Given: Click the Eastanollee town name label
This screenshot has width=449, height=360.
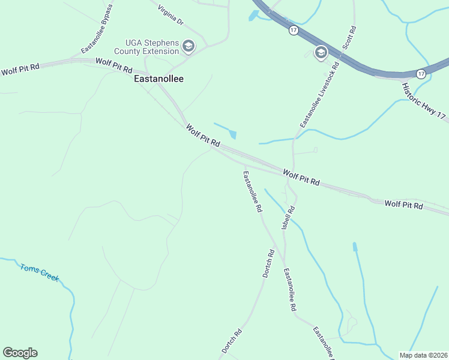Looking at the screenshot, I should pos(158,79).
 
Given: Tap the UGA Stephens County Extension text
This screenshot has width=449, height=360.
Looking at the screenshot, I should pos(152,47).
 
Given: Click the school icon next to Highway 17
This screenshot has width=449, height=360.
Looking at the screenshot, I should pos(321,52).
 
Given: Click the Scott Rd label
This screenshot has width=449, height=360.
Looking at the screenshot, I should pos(349,37).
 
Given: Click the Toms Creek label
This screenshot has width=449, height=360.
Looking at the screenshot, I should pos(40,273).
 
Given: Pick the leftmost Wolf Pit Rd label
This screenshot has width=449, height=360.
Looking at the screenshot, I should pos(20,69).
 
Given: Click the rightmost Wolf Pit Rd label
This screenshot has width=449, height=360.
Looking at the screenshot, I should pos(403,205).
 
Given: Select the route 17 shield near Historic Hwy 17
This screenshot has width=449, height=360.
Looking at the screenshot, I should pos(421,74).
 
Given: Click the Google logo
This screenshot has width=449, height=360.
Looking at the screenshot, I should pos(20,353).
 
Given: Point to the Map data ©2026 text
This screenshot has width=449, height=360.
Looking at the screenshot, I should pos(423,355).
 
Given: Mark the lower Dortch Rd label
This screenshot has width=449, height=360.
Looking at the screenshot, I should pos(231,340).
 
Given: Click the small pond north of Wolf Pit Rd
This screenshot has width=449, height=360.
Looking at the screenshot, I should pos(232,135).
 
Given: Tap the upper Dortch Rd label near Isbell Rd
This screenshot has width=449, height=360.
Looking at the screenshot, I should pos(268,263).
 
